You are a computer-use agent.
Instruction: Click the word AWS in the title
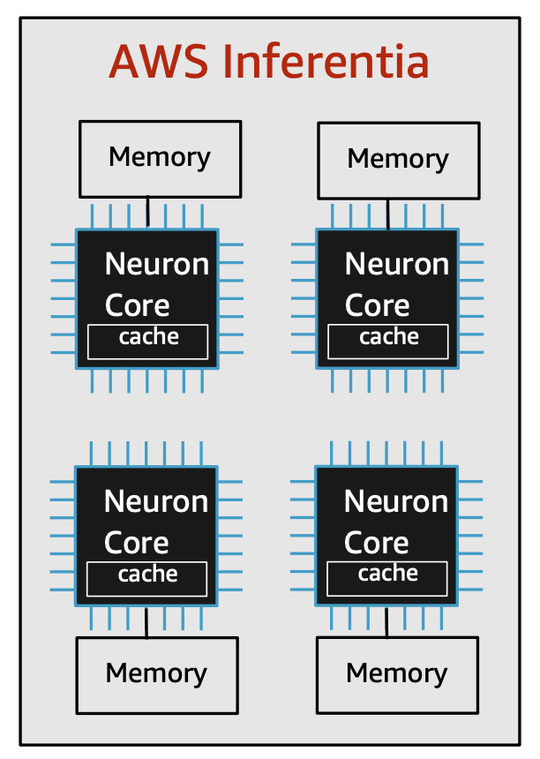(159, 62)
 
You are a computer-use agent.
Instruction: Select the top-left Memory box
(161, 159)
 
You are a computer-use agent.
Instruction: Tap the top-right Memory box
(399, 161)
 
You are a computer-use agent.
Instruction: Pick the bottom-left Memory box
(157, 675)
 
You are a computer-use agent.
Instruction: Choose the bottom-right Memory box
(397, 675)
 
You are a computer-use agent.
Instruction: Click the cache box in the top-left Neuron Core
(147, 342)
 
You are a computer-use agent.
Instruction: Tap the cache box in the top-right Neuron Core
(388, 342)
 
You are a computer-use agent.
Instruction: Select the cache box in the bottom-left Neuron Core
(146, 579)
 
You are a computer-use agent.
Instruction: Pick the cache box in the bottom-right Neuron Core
(387, 578)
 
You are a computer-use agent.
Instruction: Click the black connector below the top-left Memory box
(147, 212)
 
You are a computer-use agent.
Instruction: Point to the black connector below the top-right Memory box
(387, 214)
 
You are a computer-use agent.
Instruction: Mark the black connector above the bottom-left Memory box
(146, 622)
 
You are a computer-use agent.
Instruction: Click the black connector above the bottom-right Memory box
(386, 622)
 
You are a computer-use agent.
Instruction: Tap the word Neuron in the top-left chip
(157, 264)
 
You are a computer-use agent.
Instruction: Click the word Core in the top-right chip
(378, 306)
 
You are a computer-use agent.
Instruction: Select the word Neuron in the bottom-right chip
(396, 501)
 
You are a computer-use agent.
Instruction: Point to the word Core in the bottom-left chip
(137, 543)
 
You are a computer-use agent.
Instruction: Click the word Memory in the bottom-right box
(397, 673)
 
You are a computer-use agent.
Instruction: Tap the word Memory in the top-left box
(160, 157)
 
